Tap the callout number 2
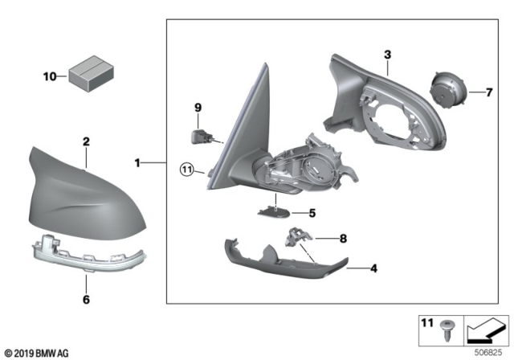point(86,141)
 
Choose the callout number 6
point(86,301)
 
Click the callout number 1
point(137,163)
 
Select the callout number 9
point(198,107)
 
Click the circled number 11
point(186,170)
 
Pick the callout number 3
point(387,55)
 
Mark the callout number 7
point(487,93)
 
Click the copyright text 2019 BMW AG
point(38,351)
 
